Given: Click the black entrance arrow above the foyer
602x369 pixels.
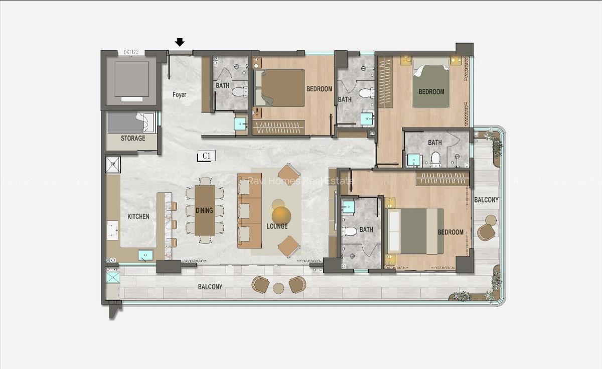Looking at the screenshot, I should [180, 43].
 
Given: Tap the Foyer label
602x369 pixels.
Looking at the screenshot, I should [179, 94].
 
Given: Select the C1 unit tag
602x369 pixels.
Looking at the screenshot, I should [206, 156].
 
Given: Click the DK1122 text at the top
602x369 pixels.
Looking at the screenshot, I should [131, 52].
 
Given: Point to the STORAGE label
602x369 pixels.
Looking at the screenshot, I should [133, 138].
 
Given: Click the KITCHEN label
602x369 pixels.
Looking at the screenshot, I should [138, 216].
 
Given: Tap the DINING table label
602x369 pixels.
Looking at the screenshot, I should [204, 210].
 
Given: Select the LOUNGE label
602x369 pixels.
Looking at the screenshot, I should [277, 226].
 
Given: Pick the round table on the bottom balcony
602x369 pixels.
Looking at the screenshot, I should [278, 288].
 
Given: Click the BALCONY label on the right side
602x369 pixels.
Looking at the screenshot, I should [486, 200].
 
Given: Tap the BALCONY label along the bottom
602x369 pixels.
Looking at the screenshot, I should [210, 287].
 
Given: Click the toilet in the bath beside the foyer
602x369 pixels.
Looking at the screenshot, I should [240, 91].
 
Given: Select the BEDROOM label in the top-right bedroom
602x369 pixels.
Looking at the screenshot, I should [431, 92].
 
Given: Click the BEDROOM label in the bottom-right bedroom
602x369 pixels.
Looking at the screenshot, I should [450, 232].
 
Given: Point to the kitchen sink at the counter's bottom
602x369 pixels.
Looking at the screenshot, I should [145, 255].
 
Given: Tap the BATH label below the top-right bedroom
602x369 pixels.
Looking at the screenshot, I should [434, 143].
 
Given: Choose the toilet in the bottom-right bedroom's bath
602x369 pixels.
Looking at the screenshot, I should [350, 231].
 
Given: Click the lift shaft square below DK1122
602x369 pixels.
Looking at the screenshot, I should [131, 79].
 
